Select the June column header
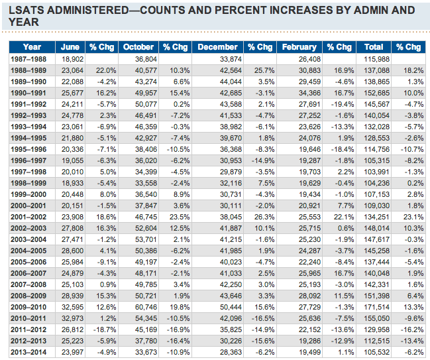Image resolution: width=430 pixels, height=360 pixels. [x=70, y=47]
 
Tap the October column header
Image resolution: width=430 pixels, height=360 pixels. [x=138, y=47]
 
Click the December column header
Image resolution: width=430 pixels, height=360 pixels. [x=217, y=47]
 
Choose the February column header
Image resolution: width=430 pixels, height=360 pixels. [x=298, y=47]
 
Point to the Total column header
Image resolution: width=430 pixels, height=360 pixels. [x=374, y=47]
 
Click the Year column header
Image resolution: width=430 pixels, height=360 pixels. [x=31, y=47]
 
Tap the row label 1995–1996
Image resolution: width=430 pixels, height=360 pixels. [x=31, y=149]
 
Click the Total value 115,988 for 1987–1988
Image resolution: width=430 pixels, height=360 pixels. [x=376, y=58]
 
